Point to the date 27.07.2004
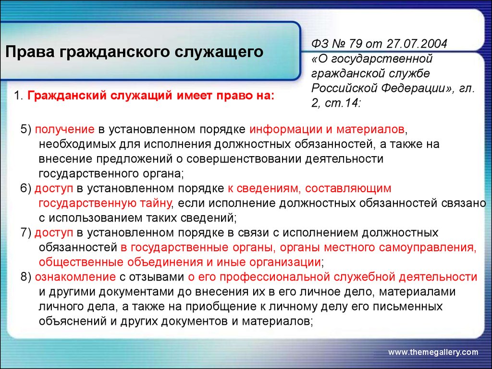[x=417, y=44]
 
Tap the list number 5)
[x=26, y=129]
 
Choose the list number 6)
[x=26, y=188]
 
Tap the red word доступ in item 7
[x=54, y=233]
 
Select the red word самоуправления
[x=427, y=248]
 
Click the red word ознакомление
[x=75, y=277]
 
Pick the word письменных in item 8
[x=407, y=307]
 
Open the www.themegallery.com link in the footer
[x=433, y=352]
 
